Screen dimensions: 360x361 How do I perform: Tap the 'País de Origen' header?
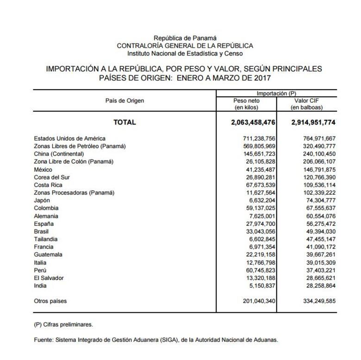124,100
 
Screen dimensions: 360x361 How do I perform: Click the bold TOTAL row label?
124,123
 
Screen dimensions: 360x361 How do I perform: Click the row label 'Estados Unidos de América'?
69,138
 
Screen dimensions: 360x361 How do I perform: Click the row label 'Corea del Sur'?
52,177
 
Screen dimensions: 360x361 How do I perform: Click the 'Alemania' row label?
46,216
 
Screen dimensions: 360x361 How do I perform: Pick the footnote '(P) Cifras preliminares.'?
63,325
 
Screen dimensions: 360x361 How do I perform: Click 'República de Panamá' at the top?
185,38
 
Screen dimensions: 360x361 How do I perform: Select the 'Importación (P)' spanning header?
276,93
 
